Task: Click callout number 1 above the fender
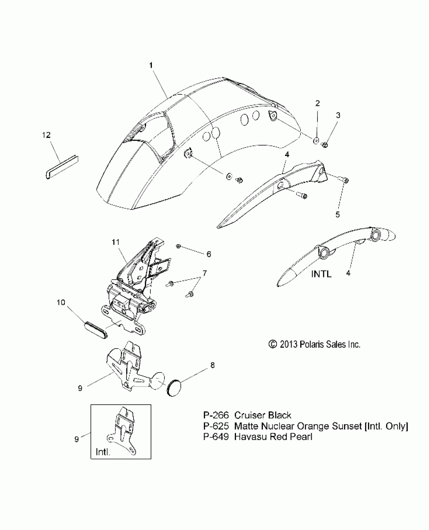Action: point(151,66)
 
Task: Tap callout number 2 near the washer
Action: point(317,103)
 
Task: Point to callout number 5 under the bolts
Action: point(337,215)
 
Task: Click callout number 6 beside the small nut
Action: point(209,254)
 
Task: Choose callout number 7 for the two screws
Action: point(204,273)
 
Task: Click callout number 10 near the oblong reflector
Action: point(61,302)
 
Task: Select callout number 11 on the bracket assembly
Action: point(116,242)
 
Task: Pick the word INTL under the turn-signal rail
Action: point(321,274)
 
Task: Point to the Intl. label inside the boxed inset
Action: point(103,452)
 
